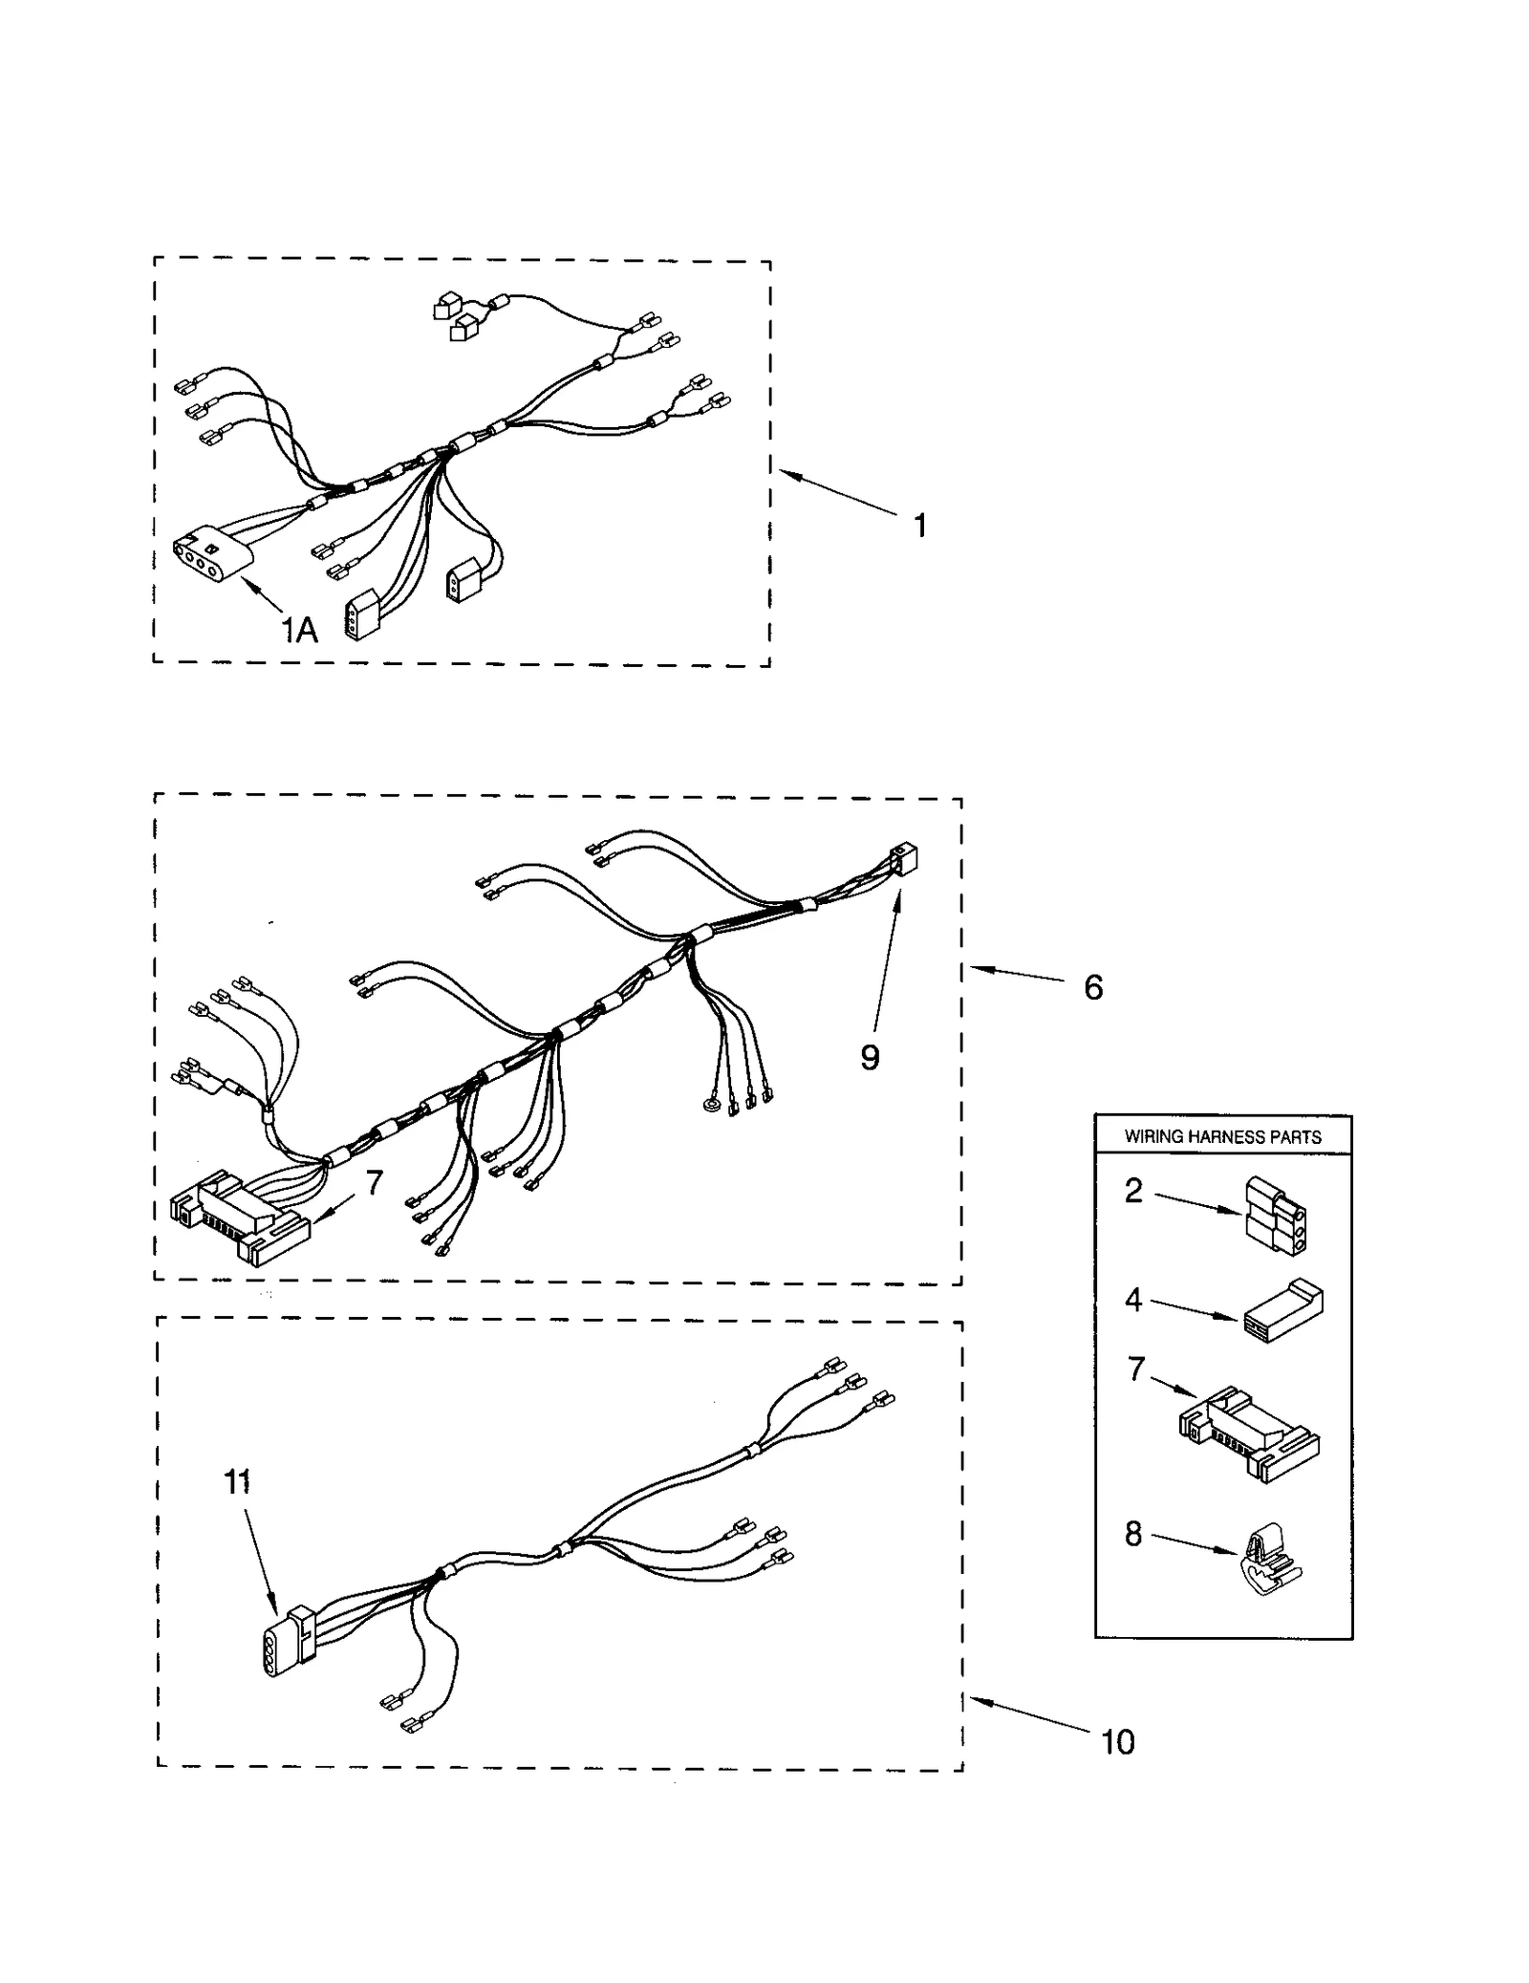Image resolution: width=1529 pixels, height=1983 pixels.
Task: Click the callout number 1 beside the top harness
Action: (919, 526)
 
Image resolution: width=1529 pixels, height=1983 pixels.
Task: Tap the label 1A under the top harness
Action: (299, 630)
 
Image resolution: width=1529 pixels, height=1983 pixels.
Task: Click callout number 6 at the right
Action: (1093, 987)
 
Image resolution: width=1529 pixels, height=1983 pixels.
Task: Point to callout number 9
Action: (869, 1057)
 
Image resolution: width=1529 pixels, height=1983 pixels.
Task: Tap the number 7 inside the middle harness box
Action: (375, 1183)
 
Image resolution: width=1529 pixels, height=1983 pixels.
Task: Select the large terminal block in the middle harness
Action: (239, 1218)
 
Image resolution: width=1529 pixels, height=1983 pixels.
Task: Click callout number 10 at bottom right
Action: (1117, 1741)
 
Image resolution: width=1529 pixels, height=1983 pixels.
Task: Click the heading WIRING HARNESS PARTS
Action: (1222, 1136)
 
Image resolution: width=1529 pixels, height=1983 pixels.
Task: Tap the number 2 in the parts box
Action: (1133, 1191)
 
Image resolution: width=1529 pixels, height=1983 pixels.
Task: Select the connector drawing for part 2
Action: (1277, 1216)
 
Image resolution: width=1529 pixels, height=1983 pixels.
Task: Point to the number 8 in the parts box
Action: (1133, 1534)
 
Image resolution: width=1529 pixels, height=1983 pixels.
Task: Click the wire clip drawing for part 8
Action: (1273, 1564)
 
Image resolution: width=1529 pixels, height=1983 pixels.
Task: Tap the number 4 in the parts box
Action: (1133, 1300)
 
